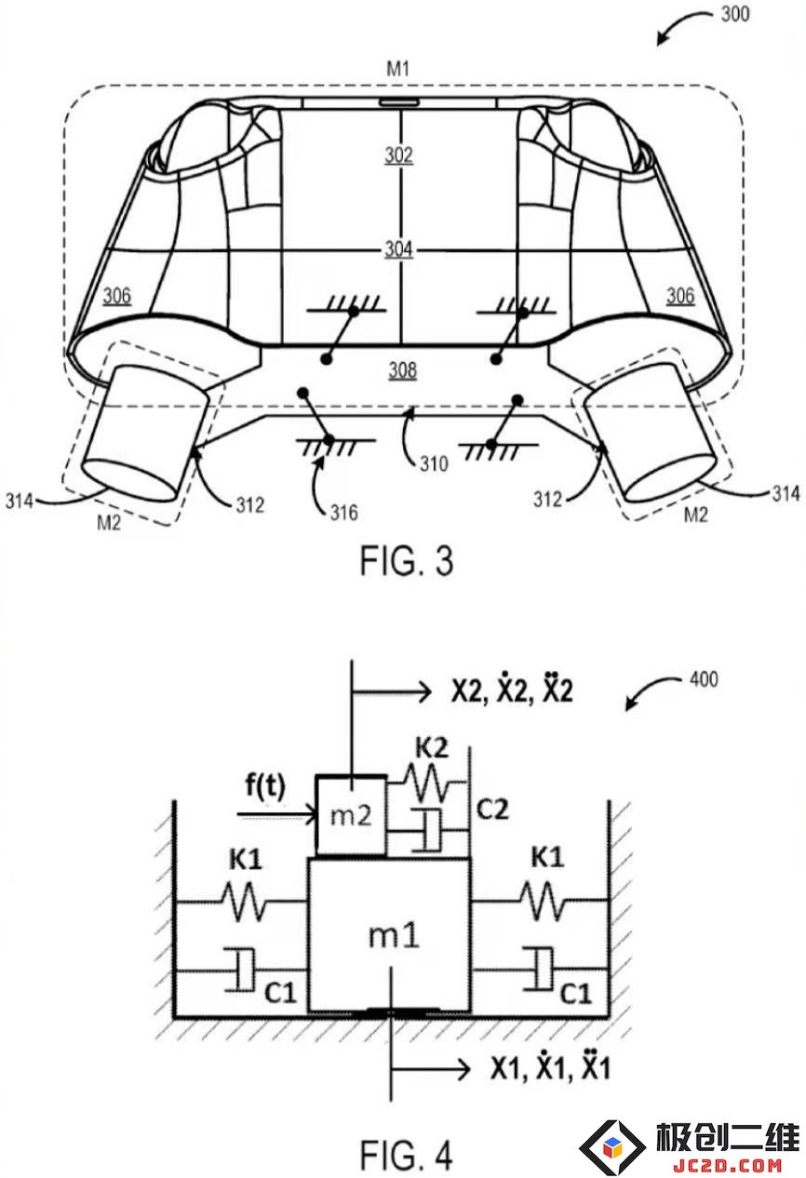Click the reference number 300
point(735,14)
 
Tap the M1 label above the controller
point(397,69)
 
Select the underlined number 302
point(398,155)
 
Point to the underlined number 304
point(398,248)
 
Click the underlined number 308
point(402,370)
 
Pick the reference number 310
point(434,463)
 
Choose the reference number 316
point(343,512)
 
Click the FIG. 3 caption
point(406,560)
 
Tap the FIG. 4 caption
point(406,1155)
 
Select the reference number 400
point(704,679)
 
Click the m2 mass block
point(351,816)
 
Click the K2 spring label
point(432,748)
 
